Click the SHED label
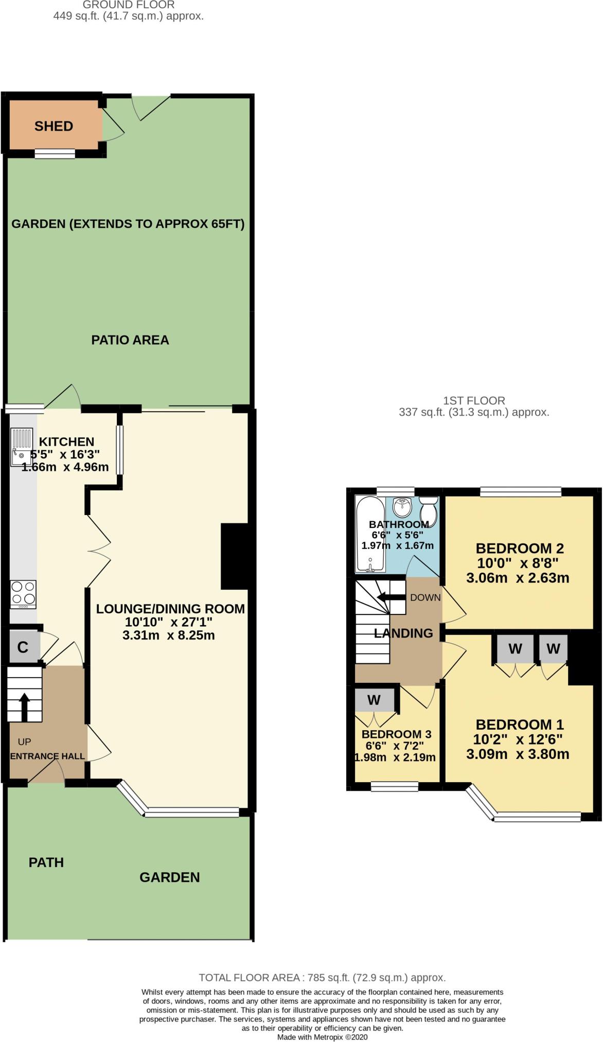[x=54, y=126]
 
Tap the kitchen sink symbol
[x=22, y=447]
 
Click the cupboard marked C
[x=23, y=647]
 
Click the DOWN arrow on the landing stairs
[x=390, y=597]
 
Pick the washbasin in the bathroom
[x=402, y=507]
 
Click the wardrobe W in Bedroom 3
[x=374, y=700]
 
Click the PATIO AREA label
[x=130, y=340]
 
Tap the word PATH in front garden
[x=46, y=862]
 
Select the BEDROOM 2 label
[x=520, y=548]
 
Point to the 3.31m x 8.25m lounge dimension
[x=169, y=635]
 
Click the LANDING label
[x=403, y=633]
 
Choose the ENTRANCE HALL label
[x=47, y=756]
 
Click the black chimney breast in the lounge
[x=235, y=556]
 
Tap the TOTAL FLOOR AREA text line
[x=322, y=978]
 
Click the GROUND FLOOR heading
[x=129, y=5]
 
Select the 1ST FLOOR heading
[x=474, y=400]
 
